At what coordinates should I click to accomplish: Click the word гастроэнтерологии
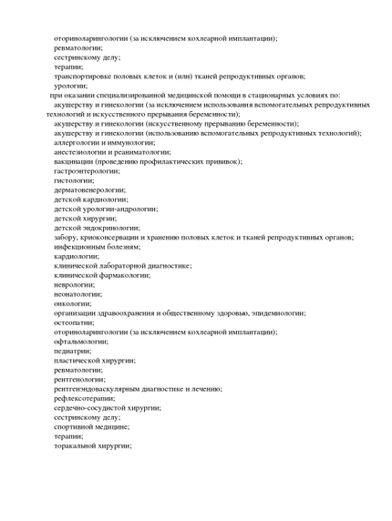coord(86,170)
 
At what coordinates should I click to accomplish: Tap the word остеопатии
coord(74,322)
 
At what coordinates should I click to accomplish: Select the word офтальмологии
coord(80,341)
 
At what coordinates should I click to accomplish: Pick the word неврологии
coord(74,284)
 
